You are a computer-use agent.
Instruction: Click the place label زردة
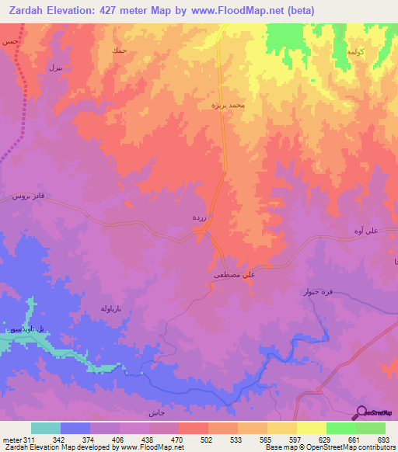(199, 220)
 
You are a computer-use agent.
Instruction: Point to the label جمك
(119, 50)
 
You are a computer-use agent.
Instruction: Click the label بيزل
(54, 68)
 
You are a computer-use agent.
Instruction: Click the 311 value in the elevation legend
(30, 439)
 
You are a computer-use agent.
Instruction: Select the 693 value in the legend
(383, 439)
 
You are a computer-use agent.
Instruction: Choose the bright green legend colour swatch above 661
(340, 428)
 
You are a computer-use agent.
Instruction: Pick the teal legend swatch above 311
(45, 428)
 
